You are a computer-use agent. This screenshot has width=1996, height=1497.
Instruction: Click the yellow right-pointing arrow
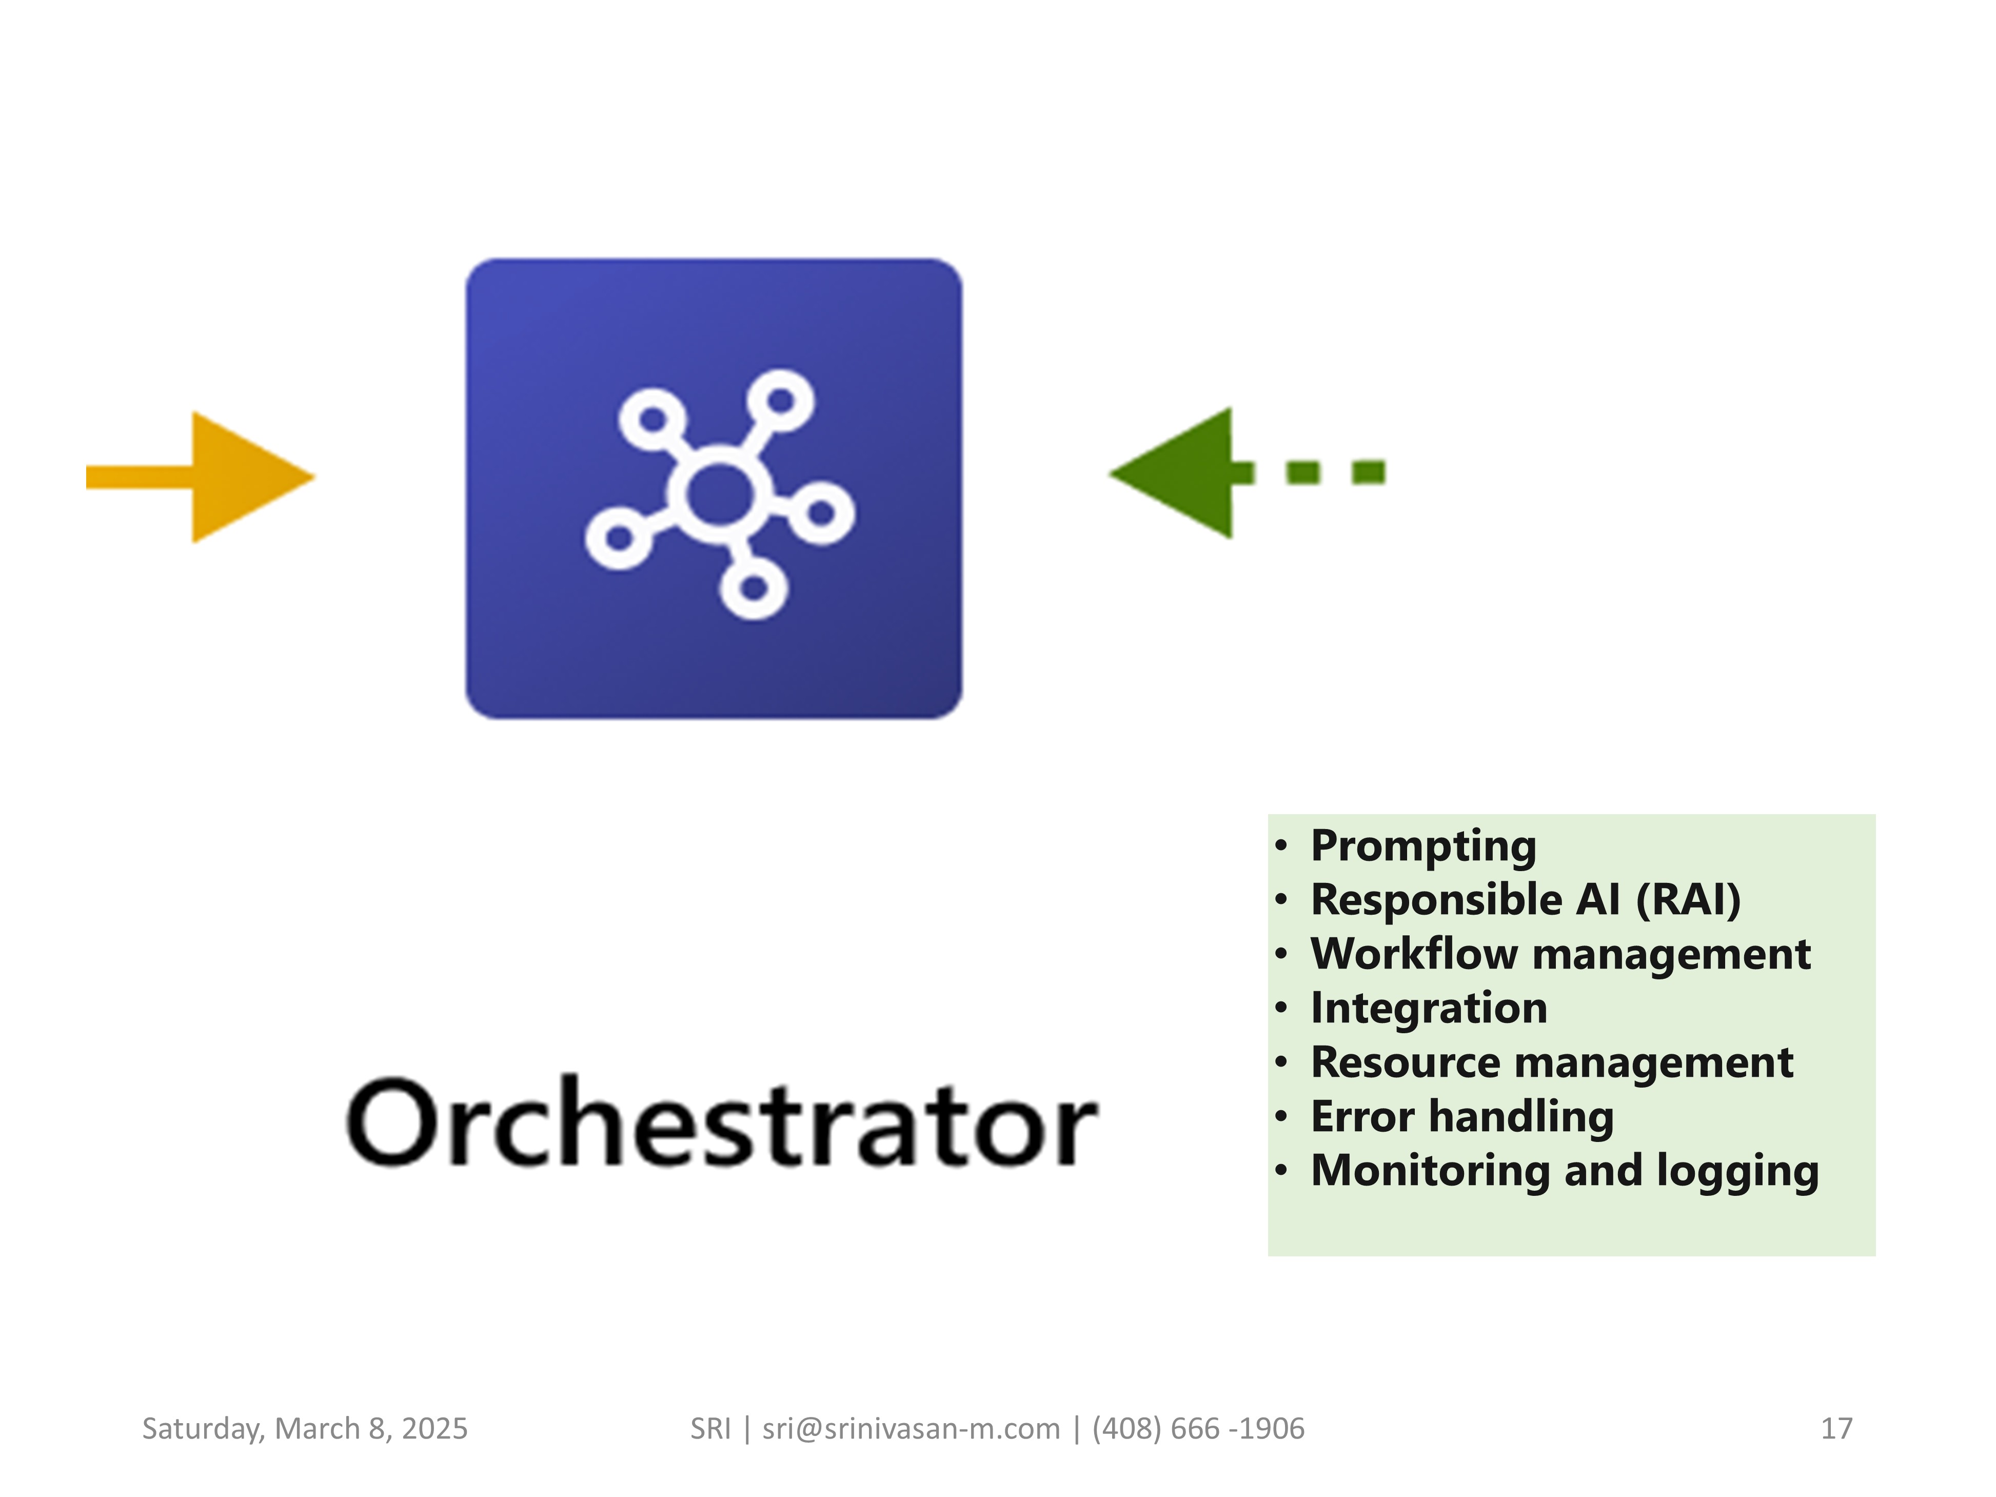point(201,477)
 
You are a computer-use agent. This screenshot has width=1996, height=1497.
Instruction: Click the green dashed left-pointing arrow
point(1247,473)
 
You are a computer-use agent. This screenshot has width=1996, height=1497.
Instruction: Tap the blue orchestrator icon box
point(714,489)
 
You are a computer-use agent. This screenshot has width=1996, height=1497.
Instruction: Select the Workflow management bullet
point(1560,955)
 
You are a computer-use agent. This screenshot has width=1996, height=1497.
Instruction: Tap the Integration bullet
point(1429,1009)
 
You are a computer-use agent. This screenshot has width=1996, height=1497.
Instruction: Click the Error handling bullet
point(1462,1117)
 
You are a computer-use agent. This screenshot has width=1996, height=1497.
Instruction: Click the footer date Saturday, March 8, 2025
point(305,1428)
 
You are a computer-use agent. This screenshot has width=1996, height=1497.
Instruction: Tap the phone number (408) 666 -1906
point(1198,1428)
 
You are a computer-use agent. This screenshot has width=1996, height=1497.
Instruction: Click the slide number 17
point(1836,1428)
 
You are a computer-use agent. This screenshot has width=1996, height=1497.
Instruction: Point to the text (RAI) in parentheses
point(1688,900)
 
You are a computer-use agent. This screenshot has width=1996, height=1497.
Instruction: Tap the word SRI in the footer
point(710,1428)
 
